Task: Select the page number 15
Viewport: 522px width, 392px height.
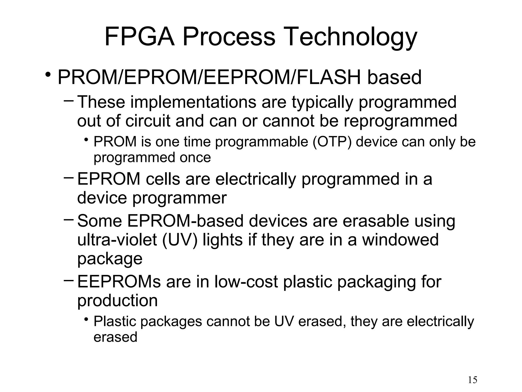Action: coord(473,380)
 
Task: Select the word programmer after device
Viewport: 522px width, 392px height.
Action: coord(179,198)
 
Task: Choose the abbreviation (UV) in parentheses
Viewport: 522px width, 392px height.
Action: coord(179,240)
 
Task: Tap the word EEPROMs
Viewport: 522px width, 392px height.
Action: coord(119,282)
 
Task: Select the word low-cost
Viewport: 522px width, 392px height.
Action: coord(246,282)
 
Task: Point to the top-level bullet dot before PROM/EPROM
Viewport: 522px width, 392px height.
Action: coord(48,75)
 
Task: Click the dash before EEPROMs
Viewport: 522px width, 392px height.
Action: coord(68,280)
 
